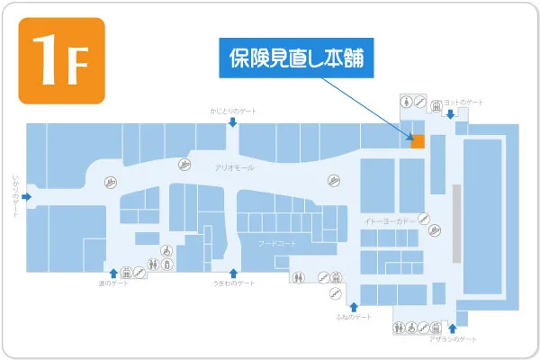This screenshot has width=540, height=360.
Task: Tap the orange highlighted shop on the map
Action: pyautogui.click(x=418, y=140)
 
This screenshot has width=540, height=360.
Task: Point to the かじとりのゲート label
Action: pyautogui.click(x=232, y=110)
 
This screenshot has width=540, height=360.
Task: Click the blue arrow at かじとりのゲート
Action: pyautogui.click(x=232, y=121)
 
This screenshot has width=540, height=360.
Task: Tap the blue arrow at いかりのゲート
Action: pyautogui.click(x=28, y=193)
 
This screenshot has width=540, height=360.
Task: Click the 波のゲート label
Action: pyautogui.click(x=113, y=283)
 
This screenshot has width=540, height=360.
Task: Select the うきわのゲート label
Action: pyautogui.click(x=233, y=283)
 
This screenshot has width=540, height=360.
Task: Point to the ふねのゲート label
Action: pyautogui.click(x=352, y=318)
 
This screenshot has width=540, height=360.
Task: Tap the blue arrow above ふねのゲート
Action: pyautogui.click(x=352, y=305)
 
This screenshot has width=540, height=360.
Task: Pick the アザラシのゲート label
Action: pyautogui.click(x=452, y=338)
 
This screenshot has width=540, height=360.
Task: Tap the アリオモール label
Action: pyautogui.click(x=234, y=167)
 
